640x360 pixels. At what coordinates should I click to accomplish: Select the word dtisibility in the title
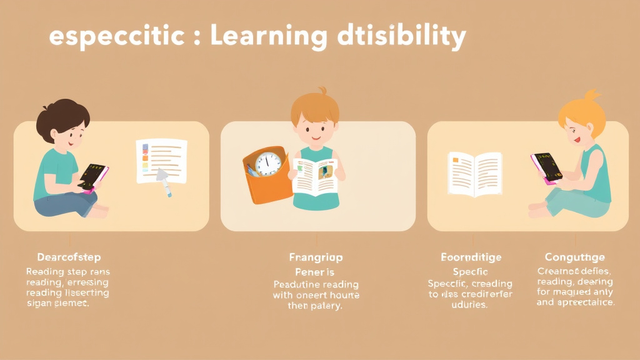click(400, 37)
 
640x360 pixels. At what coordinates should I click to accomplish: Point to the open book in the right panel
click(475, 174)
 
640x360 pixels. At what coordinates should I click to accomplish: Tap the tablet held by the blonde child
click(546, 167)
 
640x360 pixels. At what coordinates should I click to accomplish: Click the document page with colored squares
click(161, 161)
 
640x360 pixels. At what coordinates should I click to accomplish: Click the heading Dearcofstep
click(68, 257)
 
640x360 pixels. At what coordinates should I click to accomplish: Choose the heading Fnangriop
click(316, 257)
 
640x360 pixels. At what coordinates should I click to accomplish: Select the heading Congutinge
click(574, 257)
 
